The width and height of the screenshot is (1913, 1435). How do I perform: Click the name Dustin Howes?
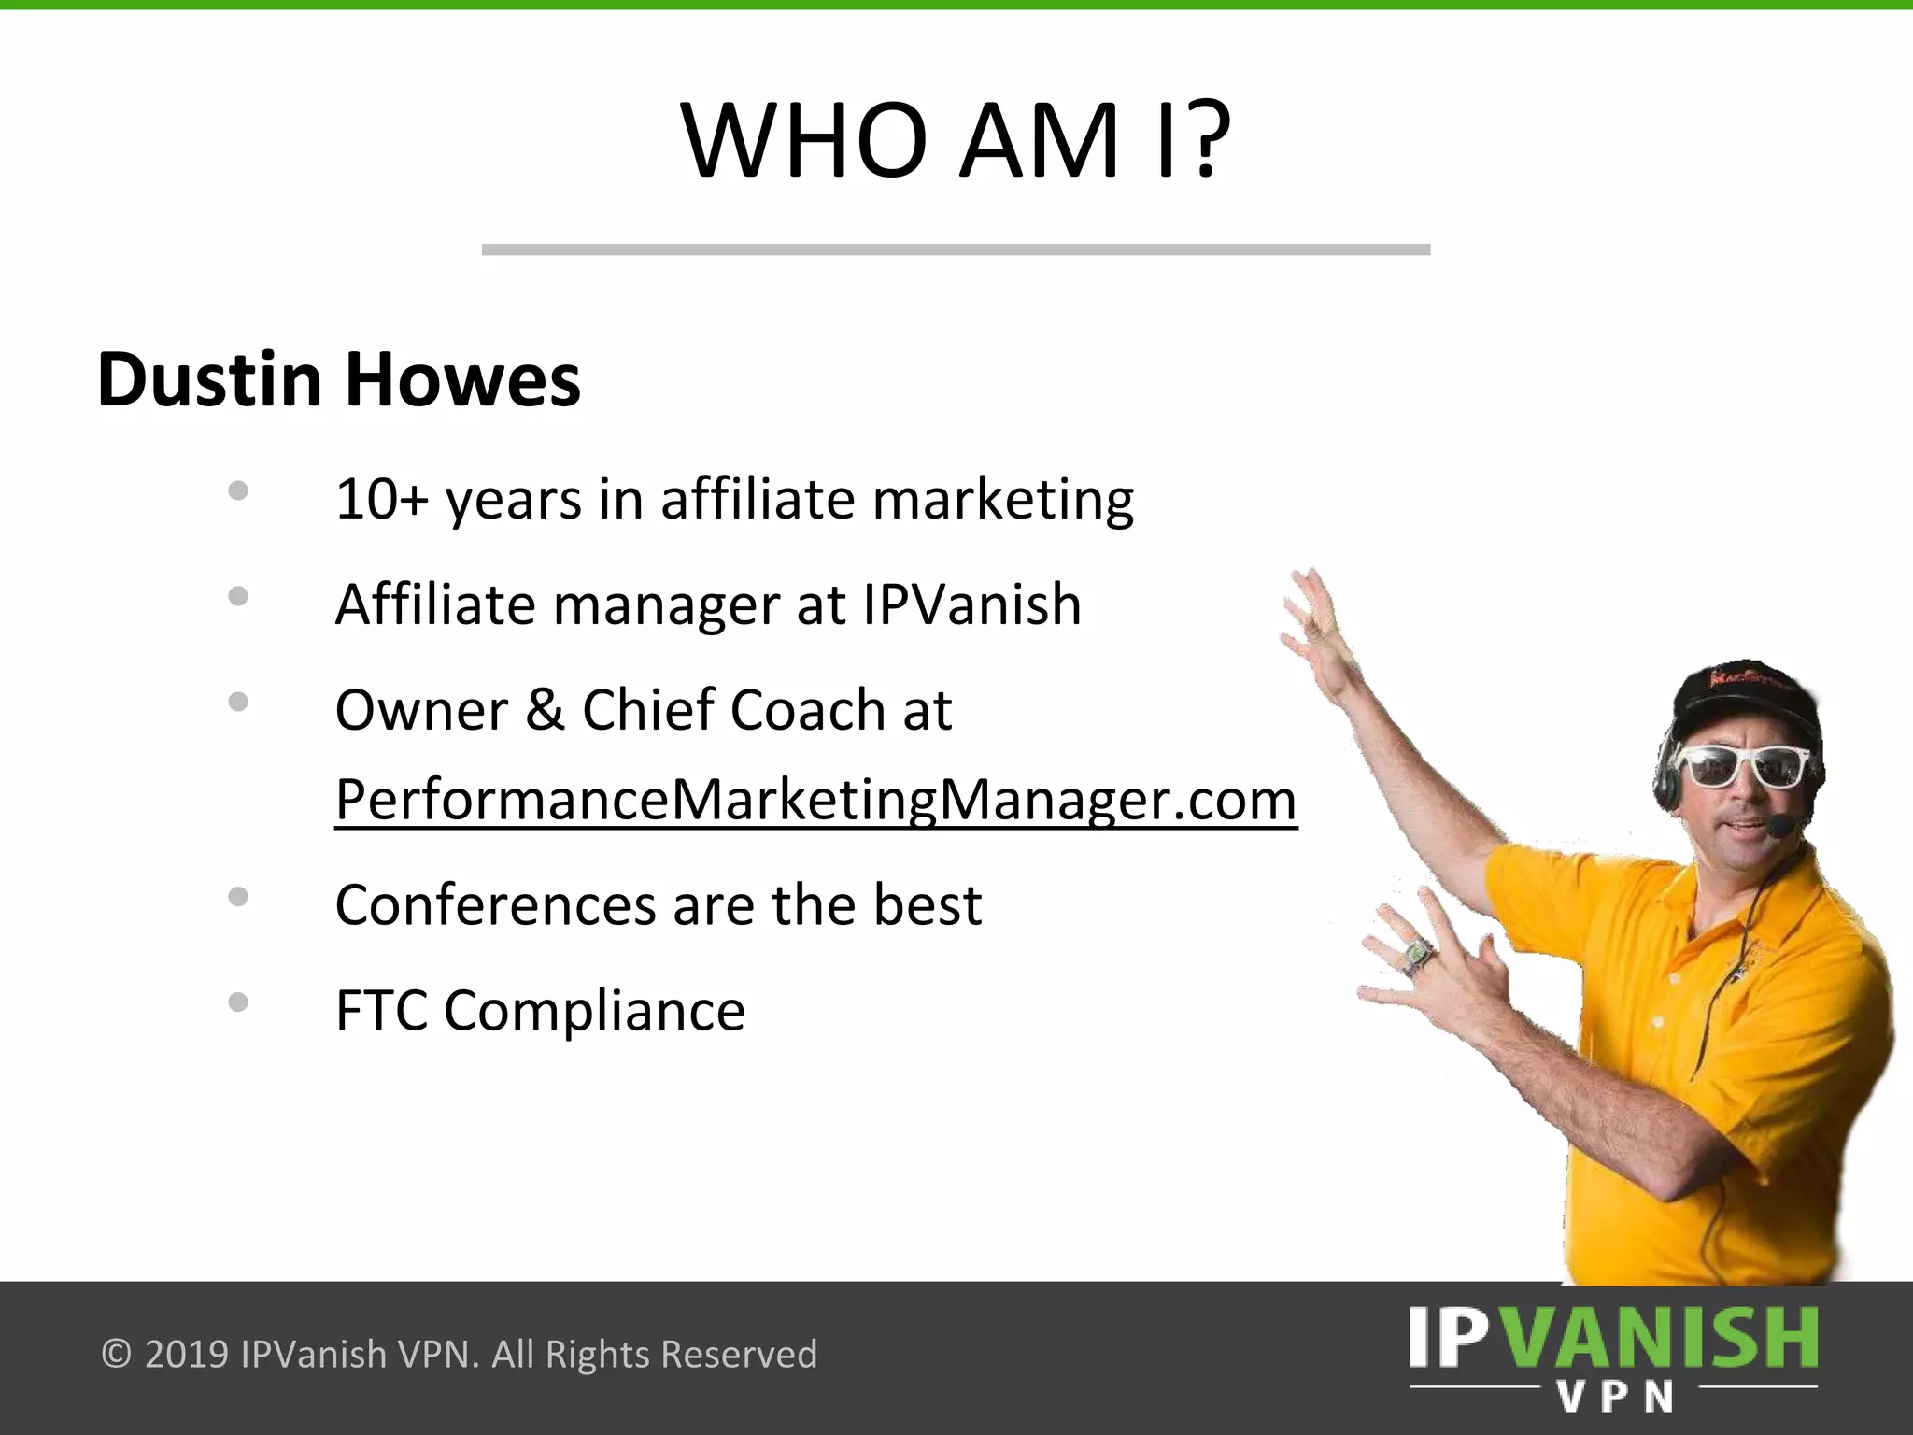pos(338,380)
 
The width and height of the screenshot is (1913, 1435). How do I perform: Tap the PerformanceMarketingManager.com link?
pos(815,800)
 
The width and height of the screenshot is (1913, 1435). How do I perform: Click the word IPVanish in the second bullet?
pos(971,604)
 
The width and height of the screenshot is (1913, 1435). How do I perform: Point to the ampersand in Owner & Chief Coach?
pos(545,710)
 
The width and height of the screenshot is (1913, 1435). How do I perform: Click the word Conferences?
pos(495,905)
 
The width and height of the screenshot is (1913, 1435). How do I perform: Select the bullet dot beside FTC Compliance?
pos(238,1002)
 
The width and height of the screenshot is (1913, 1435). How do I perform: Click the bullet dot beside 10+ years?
pos(238,490)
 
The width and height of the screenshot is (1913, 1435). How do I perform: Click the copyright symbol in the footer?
pos(116,1354)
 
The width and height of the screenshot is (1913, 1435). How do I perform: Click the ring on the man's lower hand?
pos(1416,954)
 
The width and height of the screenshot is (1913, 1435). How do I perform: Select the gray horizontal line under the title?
pos(956,249)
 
